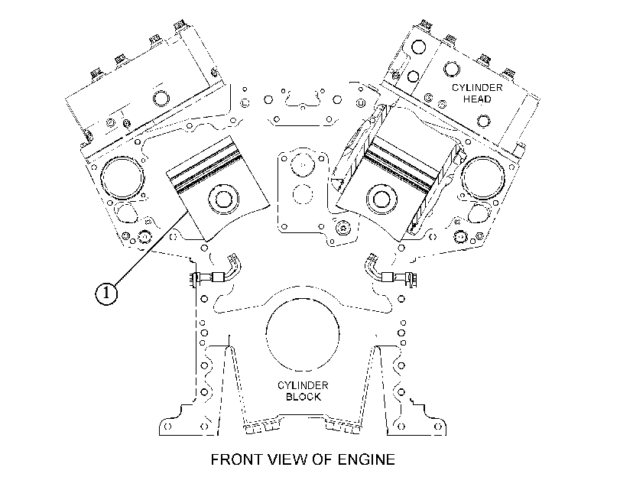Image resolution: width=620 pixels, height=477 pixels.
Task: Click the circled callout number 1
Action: [106, 294]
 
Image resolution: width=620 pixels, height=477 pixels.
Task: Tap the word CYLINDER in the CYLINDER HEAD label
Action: [477, 87]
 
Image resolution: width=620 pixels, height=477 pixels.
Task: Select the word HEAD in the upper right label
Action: [477, 99]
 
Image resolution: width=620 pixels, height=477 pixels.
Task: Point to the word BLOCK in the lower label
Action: [304, 396]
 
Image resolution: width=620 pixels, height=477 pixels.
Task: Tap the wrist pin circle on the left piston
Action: [222, 200]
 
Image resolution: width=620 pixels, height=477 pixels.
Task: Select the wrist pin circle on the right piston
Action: [381, 199]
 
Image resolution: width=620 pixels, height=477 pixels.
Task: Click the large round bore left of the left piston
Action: [122, 178]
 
